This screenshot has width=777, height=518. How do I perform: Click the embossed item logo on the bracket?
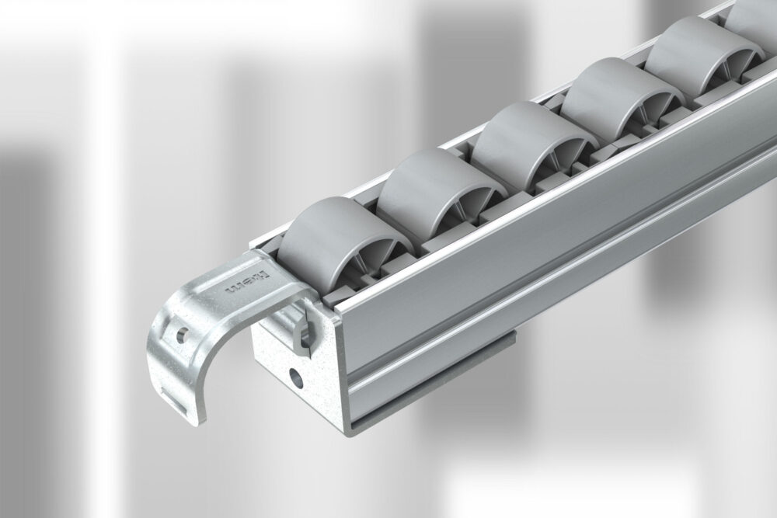coord(246,283)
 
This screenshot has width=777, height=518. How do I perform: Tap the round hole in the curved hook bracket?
coord(181,335)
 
